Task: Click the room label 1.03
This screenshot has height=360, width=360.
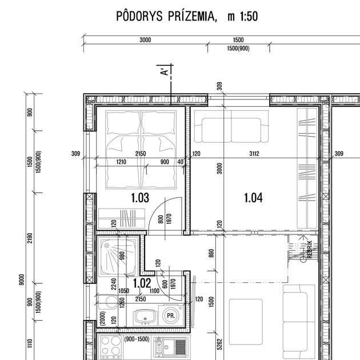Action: [x=140, y=198]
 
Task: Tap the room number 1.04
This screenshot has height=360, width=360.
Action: [x=253, y=198]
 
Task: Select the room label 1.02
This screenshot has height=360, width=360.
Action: [x=142, y=283]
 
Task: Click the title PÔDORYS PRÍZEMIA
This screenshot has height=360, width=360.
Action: [x=166, y=16]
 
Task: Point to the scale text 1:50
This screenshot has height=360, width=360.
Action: [x=249, y=17]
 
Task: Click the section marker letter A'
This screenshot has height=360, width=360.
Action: [x=165, y=71]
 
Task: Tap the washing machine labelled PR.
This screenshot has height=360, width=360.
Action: [x=171, y=315]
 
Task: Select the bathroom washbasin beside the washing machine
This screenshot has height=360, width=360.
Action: [x=145, y=317]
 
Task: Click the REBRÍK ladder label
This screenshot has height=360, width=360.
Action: [x=310, y=249]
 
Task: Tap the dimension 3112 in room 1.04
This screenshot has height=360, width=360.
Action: [x=254, y=154]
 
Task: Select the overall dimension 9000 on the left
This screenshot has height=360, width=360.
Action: [x=21, y=279]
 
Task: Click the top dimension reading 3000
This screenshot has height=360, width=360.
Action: [x=145, y=40]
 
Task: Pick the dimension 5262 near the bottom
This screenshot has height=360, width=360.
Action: [x=219, y=344]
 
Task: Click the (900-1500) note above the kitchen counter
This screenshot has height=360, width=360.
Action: [x=137, y=339]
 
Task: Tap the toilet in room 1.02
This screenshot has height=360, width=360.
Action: [x=108, y=302]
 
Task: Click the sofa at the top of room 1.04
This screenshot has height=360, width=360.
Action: [x=231, y=126]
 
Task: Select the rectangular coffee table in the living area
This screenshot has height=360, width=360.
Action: [x=246, y=322]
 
